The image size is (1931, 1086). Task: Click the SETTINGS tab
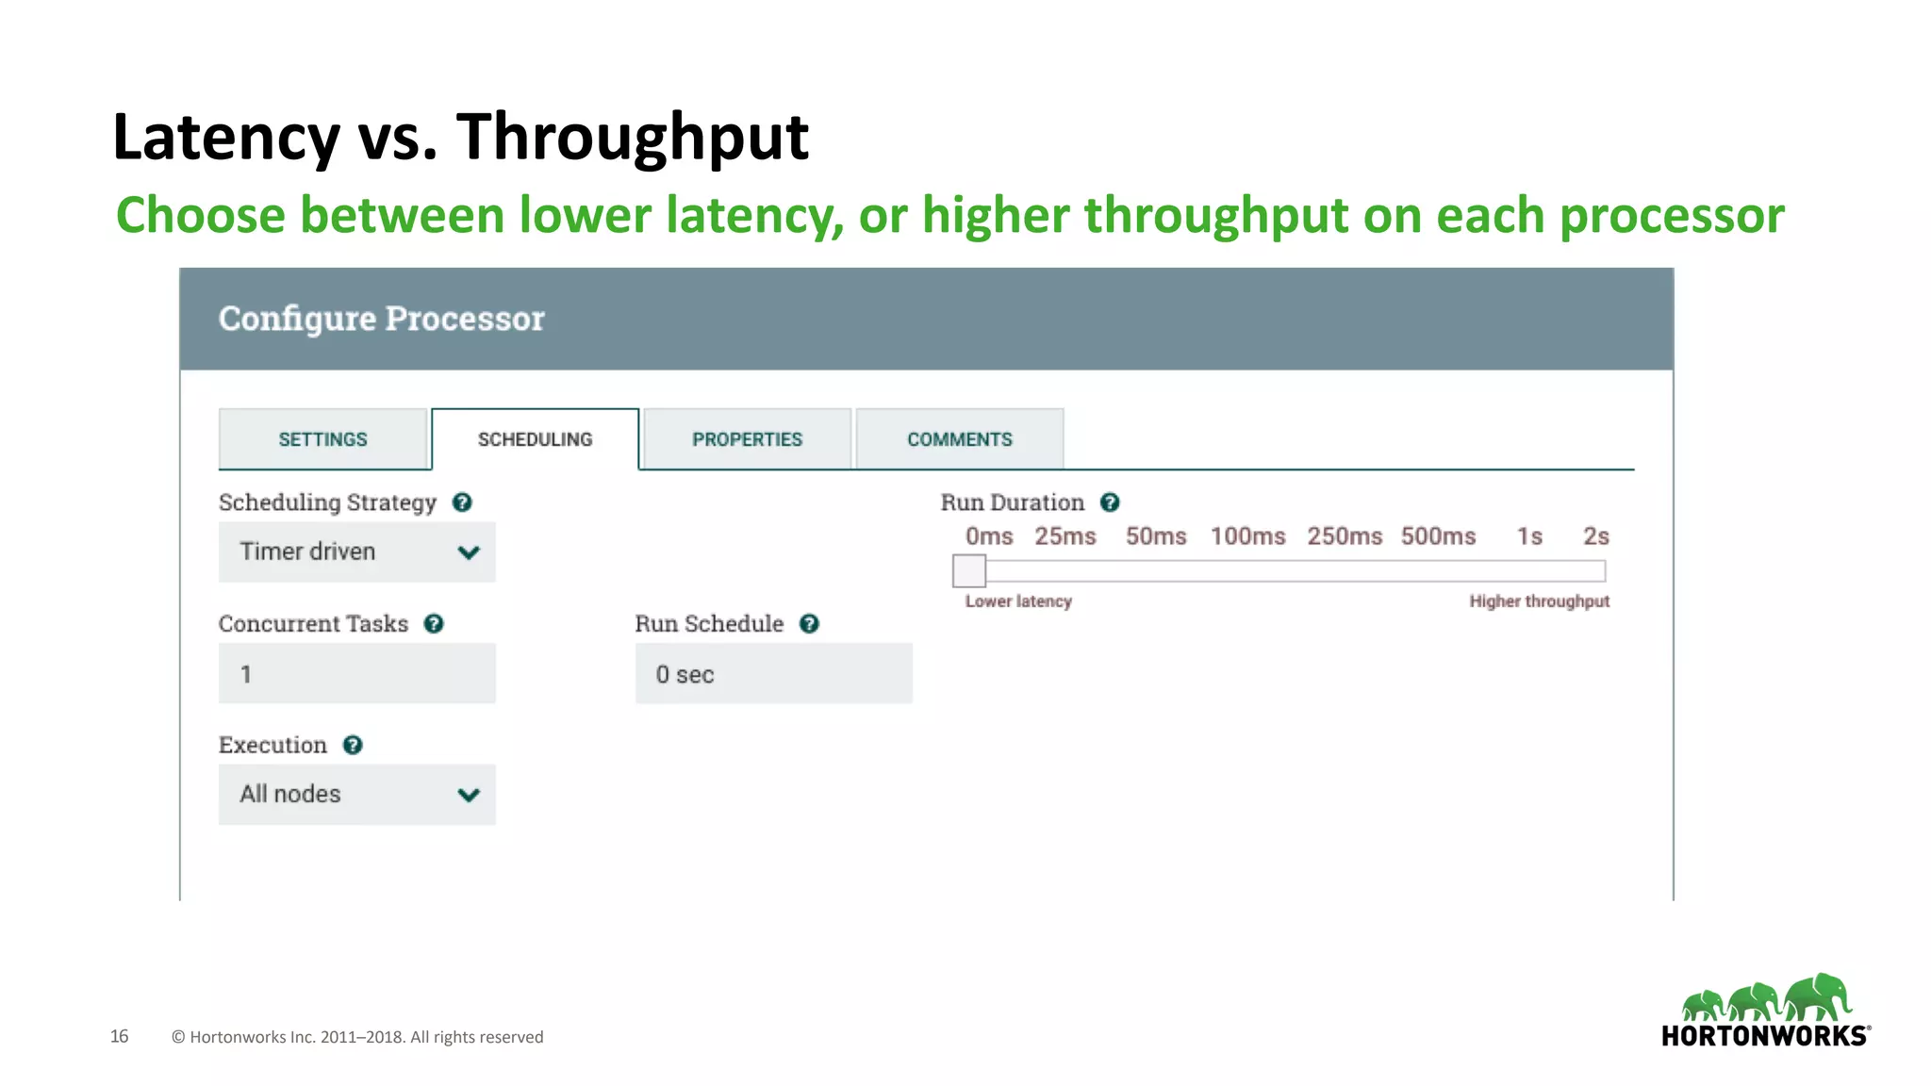322,439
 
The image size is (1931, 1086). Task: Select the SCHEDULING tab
535,439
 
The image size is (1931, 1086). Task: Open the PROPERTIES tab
747,439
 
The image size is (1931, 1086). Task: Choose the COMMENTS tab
959,439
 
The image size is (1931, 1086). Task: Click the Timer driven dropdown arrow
469,552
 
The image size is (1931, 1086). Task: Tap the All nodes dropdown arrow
469,795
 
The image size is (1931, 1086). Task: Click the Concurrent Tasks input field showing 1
356,674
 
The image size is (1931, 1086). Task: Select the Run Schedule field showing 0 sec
773,674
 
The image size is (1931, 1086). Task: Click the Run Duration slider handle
969,570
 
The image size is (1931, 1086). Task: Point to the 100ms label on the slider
1247,536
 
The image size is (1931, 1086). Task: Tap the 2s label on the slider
1595,536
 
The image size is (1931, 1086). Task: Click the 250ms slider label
1345,536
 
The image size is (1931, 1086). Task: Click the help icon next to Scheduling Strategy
462,502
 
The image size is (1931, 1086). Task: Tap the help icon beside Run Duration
1110,502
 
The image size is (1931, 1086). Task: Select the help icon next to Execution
353,745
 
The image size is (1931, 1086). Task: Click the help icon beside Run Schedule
809,624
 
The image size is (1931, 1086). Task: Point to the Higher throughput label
1539,601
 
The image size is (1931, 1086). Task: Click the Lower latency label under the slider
1018,601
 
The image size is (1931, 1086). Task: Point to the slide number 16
119,1036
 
